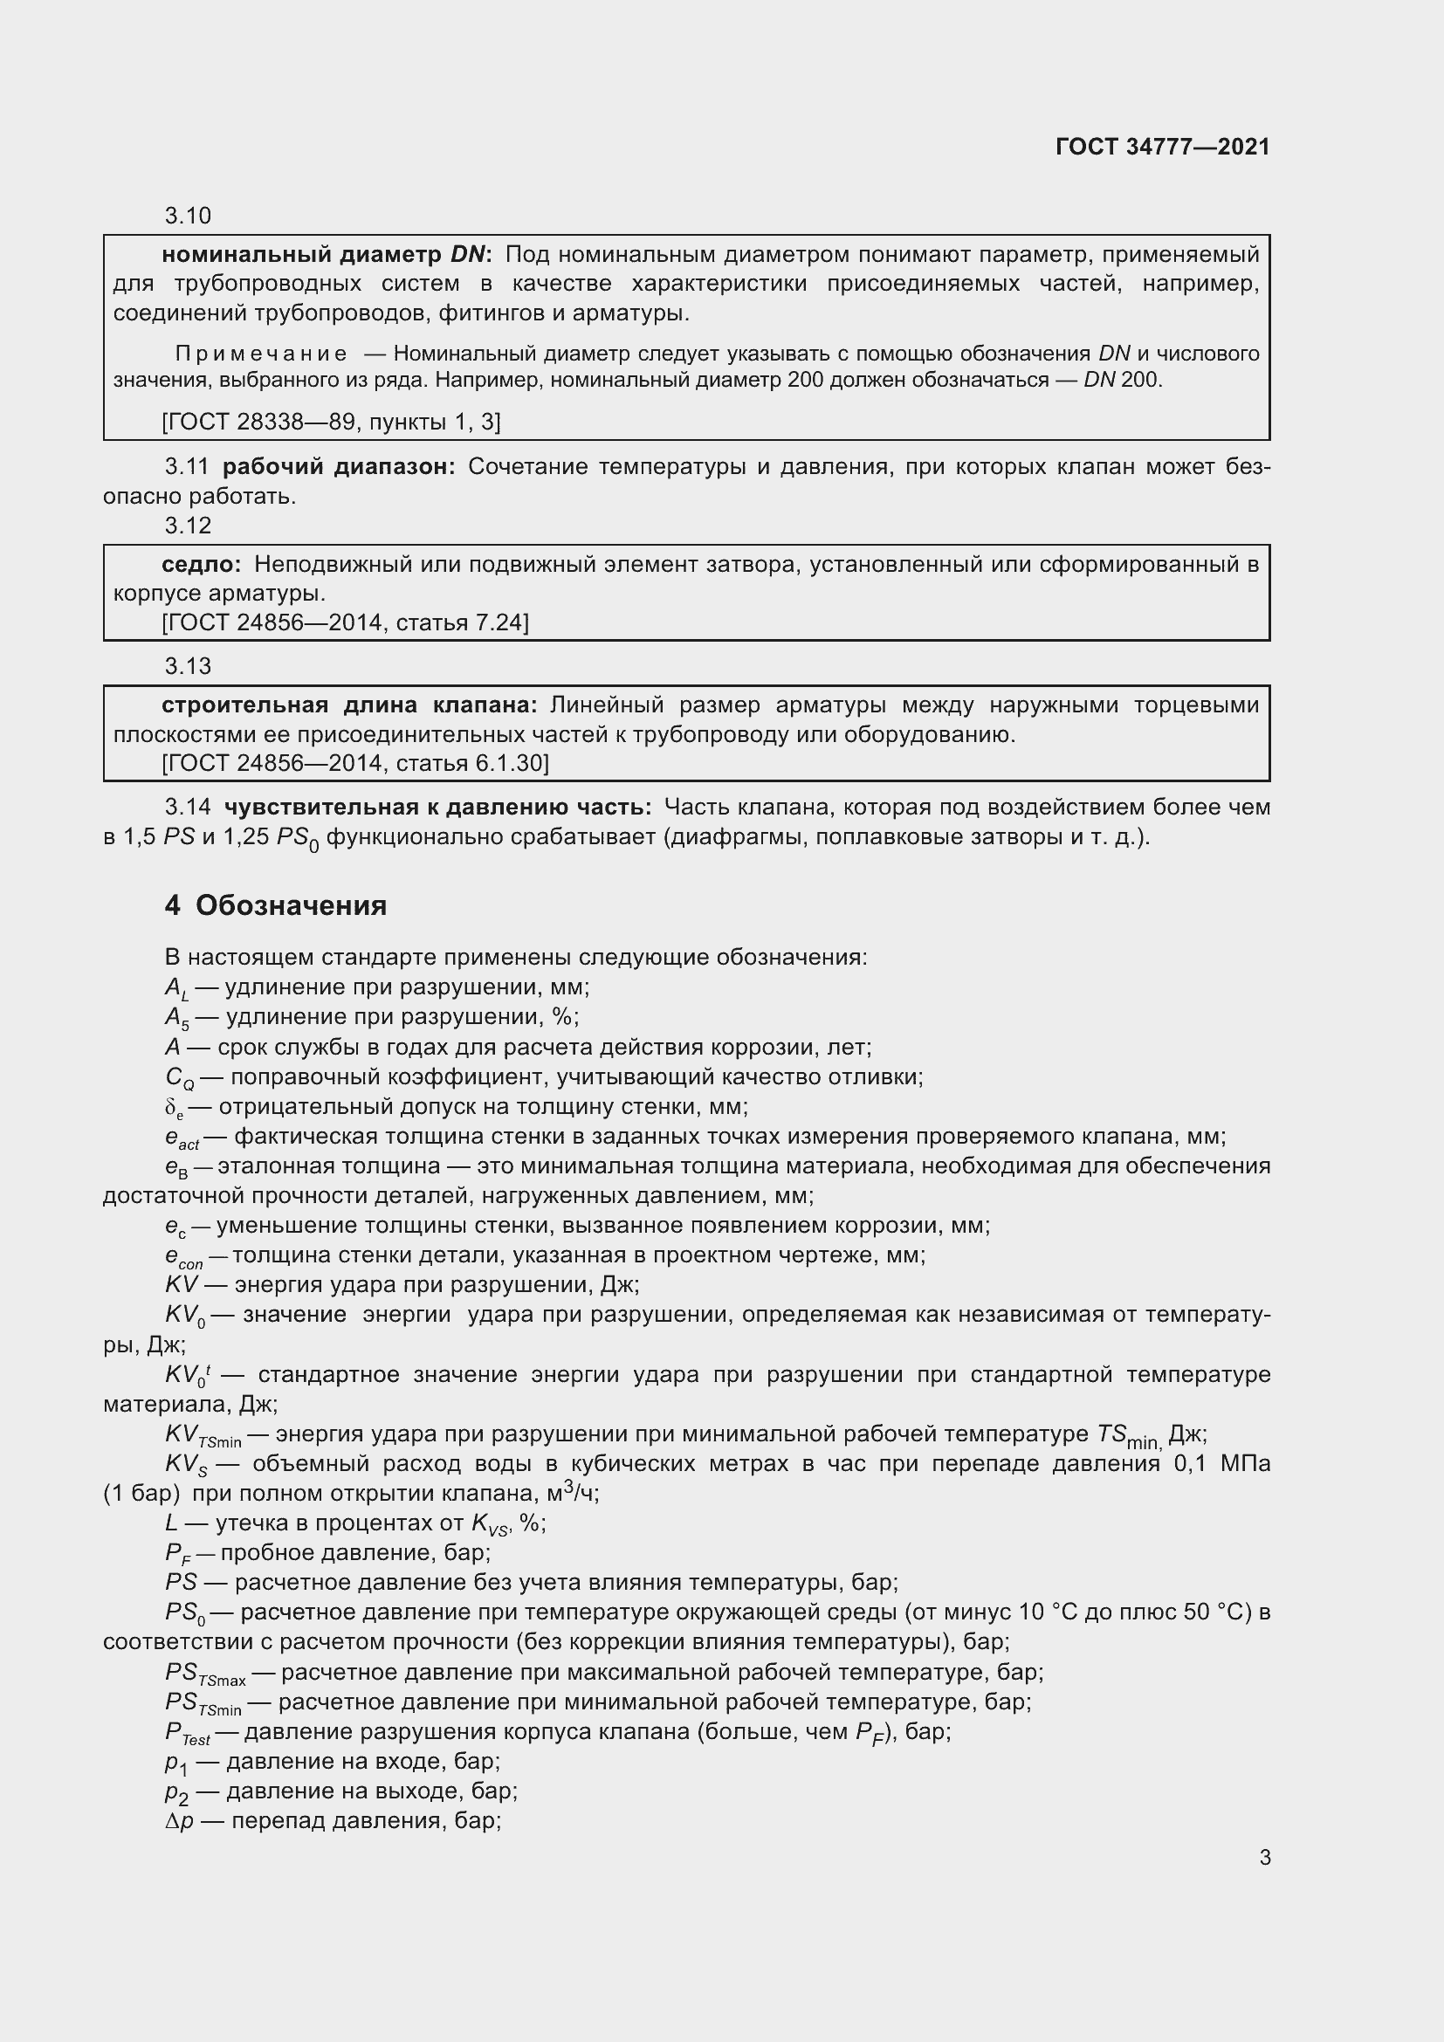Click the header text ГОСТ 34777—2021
click(1162, 147)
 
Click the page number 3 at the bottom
click(1264, 1857)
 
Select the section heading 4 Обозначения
click(276, 905)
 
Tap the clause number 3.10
click(188, 216)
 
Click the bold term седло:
click(201, 564)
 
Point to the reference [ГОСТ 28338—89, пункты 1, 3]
click(331, 422)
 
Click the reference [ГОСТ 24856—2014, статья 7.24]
click(345, 622)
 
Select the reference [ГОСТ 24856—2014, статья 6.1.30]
click(354, 763)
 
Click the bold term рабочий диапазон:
click(338, 467)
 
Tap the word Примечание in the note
click(260, 354)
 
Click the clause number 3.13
click(188, 666)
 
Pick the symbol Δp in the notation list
click(179, 1820)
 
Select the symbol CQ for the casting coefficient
click(179, 1079)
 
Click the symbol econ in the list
click(183, 1256)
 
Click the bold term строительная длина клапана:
click(348, 705)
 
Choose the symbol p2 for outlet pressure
click(176, 1792)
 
